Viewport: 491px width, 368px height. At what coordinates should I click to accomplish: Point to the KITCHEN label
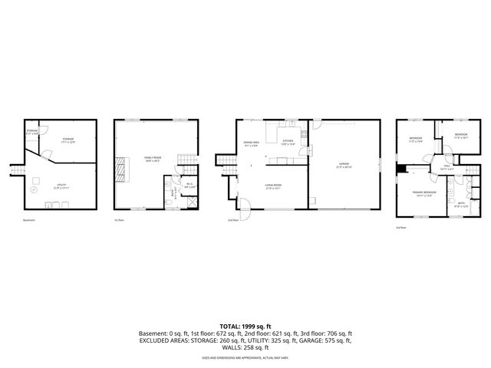(x=288, y=142)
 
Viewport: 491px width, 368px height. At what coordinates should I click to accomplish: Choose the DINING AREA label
(x=252, y=143)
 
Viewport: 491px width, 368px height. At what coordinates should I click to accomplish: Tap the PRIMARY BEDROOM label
(x=423, y=192)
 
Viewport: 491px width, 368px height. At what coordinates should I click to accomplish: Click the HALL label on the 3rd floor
(x=447, y=166)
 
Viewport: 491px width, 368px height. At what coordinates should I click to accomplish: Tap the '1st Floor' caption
(x=118, y=221)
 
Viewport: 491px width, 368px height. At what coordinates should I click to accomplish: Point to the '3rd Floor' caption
(x=400, y=228)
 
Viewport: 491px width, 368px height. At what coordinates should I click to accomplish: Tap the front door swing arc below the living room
(x=245, y=205)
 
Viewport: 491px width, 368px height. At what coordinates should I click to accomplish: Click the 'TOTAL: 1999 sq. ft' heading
(x=245, y=325)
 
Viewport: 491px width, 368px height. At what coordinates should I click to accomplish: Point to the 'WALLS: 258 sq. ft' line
(x=245, y=348)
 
